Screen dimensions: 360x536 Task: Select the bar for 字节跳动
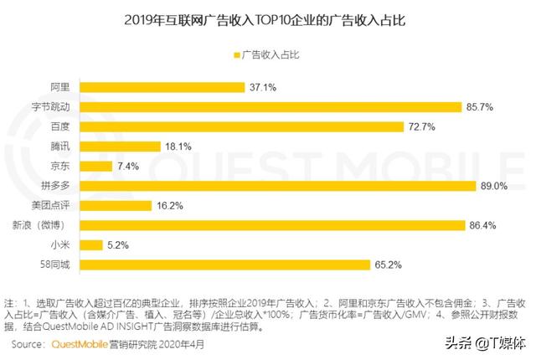click(272, 106)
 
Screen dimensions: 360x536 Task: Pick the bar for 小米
click(93, 245)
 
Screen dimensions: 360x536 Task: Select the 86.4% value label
click(482, 226)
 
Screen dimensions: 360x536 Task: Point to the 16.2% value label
click(168, 206)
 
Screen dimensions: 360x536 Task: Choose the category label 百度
click(61, 126)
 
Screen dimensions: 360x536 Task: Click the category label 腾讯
click(61, 147)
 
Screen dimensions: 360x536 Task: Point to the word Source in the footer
click(28, 343)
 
